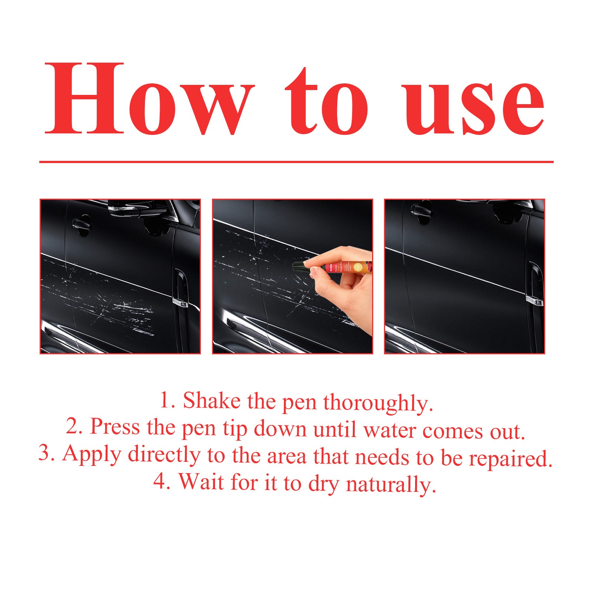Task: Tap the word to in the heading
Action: coord(326,104)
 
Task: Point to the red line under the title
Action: coord(296,162)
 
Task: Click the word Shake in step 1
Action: coord(212,401)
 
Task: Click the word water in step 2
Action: coord(390,430)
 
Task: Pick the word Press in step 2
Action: coord(115,427)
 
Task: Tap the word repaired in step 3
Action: coord(510,459)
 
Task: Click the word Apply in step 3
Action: coord(92,454)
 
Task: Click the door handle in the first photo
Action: coord(82,224)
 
